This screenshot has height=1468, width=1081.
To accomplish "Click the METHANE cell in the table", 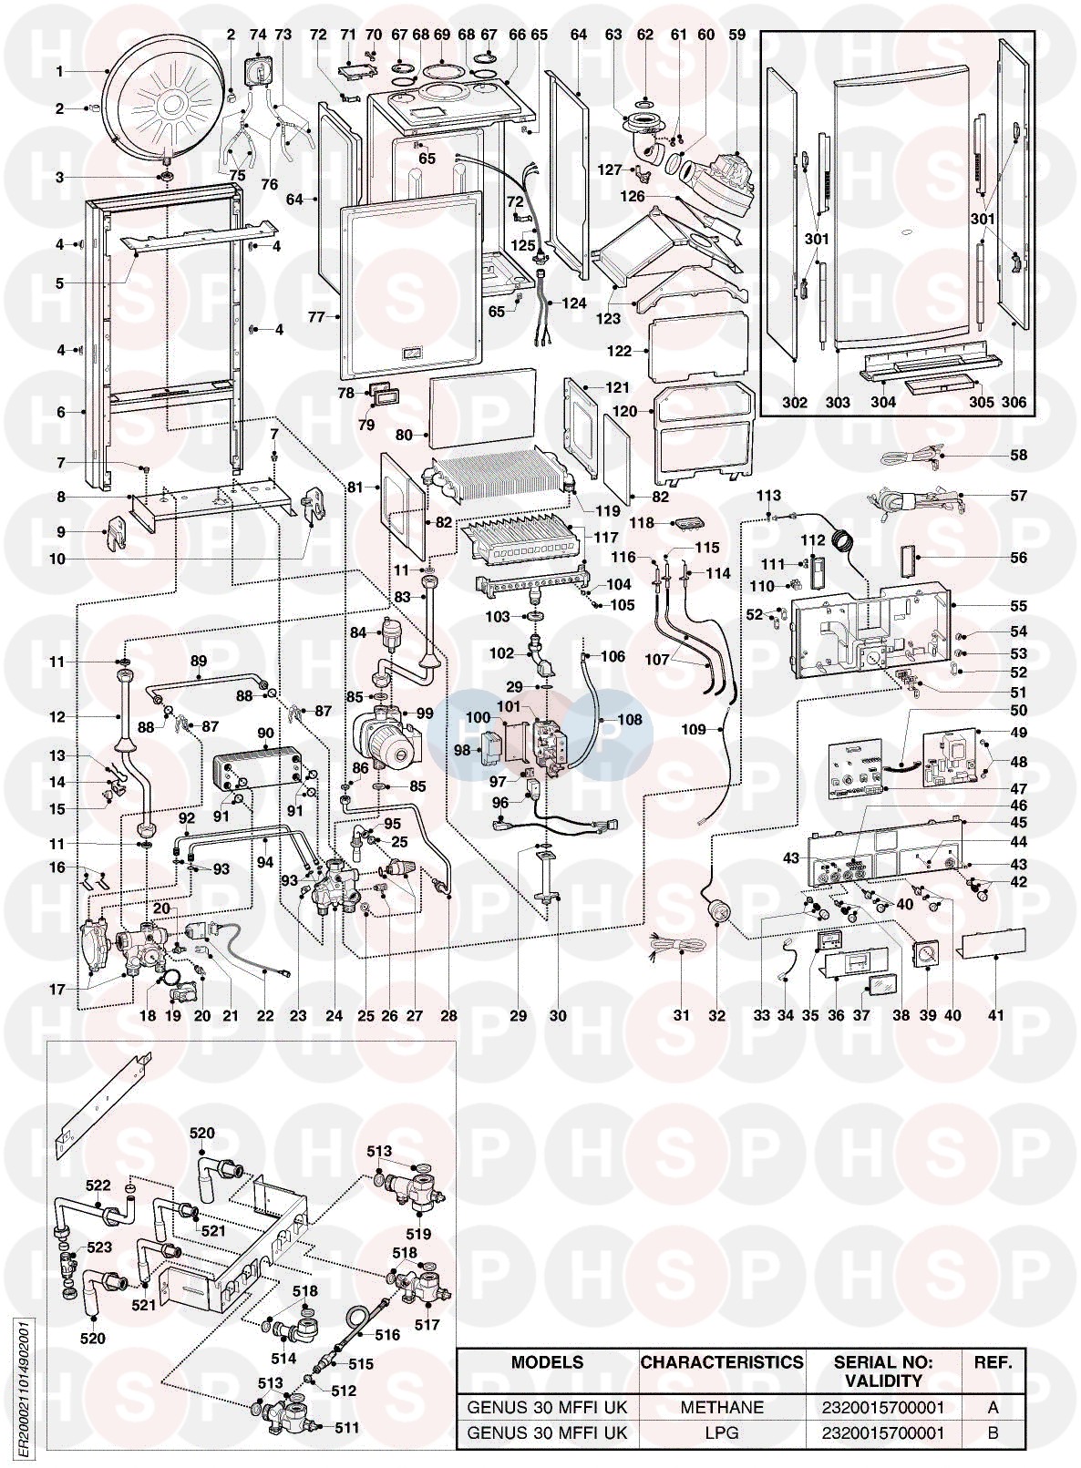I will (x=722, y=1408).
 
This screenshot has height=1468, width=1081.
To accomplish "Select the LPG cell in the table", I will (x=722, y=1432).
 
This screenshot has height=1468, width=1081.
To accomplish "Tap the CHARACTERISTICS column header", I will (x=722, y=1363).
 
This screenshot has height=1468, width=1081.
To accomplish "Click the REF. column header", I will (x=993, y=1363).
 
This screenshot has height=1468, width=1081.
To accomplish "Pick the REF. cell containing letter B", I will (x=993, y=1432).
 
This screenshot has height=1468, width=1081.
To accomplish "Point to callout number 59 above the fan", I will (x=736, y=35).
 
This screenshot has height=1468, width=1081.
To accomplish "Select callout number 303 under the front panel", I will (x=838, y=402).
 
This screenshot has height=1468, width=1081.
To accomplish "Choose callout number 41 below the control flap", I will (x=995, y=1015).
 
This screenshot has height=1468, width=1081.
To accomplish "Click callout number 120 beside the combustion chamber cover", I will (x=624, y=412).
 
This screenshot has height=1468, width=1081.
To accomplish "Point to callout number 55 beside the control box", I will (x=1018, y=606).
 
